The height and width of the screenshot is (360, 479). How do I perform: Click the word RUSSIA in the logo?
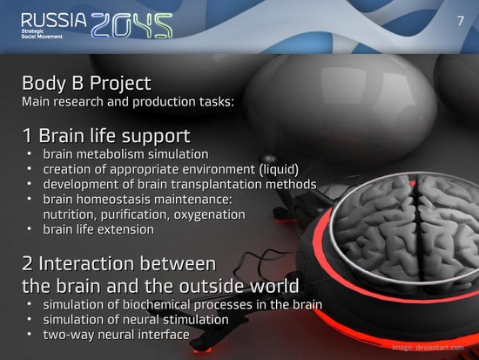54,20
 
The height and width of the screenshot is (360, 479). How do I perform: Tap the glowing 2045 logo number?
132,25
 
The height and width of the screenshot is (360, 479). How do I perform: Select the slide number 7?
461,21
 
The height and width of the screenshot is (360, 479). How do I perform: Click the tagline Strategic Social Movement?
42,34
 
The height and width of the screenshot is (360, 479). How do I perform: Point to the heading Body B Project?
86,83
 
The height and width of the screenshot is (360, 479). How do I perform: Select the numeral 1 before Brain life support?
27,136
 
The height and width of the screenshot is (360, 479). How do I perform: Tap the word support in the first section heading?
156,136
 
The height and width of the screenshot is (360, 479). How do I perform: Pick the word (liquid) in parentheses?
279,169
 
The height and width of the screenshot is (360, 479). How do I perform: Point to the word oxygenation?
210,214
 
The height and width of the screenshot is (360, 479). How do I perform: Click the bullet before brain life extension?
30,228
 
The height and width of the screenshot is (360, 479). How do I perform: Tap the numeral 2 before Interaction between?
27,263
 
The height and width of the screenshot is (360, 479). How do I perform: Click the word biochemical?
157,304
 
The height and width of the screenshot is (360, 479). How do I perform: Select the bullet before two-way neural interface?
30,333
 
